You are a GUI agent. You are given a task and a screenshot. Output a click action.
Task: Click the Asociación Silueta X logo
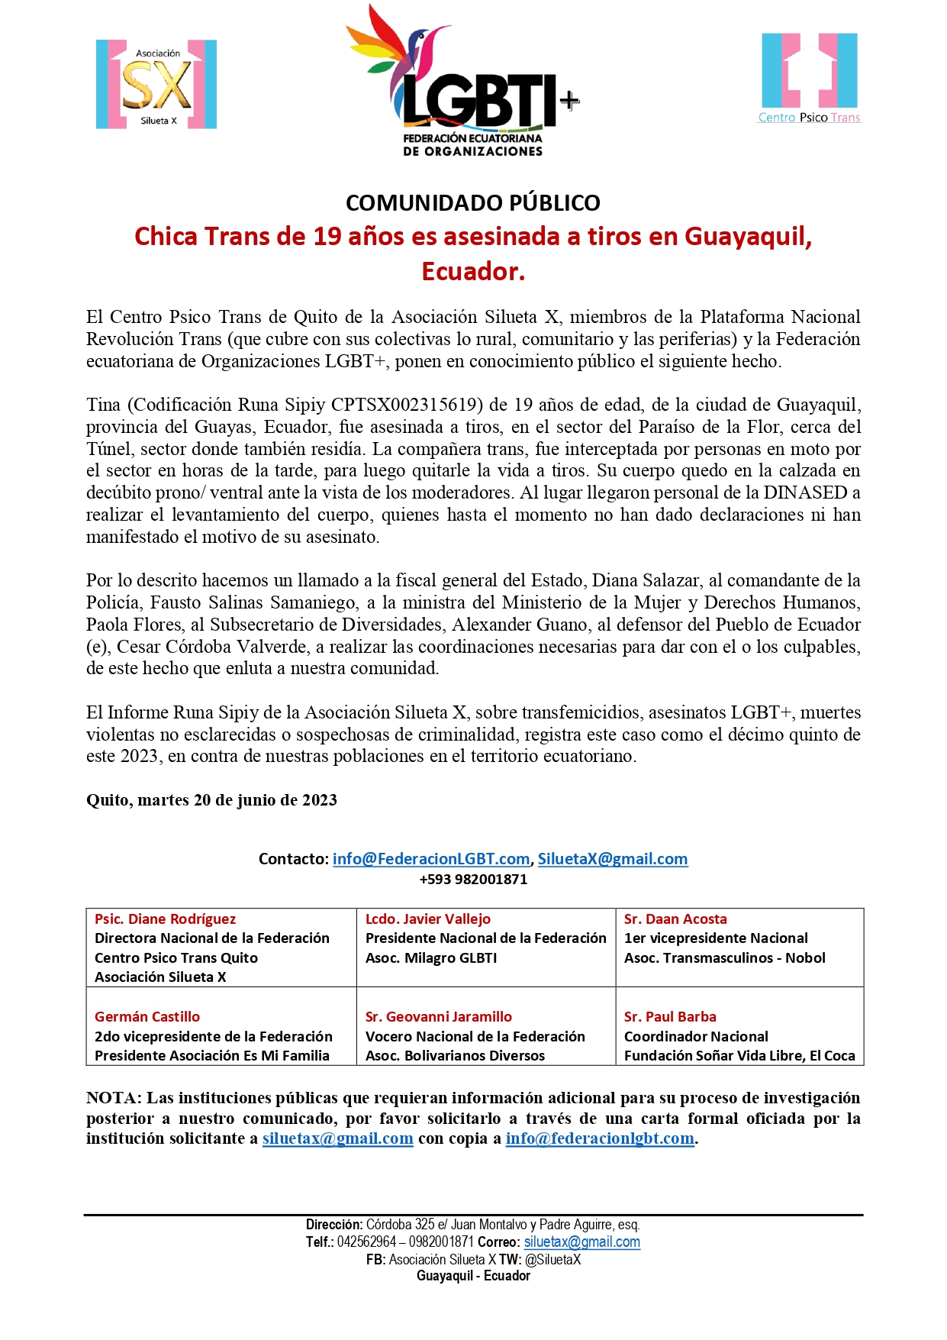click(156, 85)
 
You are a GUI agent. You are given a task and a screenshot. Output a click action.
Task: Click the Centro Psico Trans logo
click(809, 76)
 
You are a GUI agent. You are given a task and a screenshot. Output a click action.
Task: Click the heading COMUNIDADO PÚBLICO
click(472, 203)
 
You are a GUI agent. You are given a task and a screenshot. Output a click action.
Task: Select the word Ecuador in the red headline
click(473, 271)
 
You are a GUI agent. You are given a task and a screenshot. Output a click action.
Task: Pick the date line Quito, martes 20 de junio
click(211, 800)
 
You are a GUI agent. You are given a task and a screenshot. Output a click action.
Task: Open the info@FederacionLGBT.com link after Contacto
click(430, 859)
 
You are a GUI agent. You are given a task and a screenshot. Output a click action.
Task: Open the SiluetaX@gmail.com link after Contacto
click(612, 859)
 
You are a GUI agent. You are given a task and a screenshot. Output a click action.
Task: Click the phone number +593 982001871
click(473, 880)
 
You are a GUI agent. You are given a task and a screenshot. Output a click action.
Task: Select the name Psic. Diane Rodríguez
click(165, 919)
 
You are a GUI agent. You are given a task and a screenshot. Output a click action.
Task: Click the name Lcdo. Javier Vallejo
click(427, 919)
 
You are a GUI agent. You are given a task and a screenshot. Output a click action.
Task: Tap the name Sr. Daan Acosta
click(675, 919)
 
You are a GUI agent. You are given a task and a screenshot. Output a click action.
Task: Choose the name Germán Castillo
click(147, 1017)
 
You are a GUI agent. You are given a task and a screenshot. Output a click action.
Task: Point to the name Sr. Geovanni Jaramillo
click(438, 1017)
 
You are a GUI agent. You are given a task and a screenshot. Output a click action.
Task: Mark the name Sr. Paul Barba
click(670, 1017)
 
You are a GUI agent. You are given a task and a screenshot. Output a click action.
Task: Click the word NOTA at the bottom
click(112, 1098)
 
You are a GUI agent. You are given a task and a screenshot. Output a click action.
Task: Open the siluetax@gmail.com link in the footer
click(581, 1242)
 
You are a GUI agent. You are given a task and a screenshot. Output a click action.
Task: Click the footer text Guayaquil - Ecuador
click(473, 1276)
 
